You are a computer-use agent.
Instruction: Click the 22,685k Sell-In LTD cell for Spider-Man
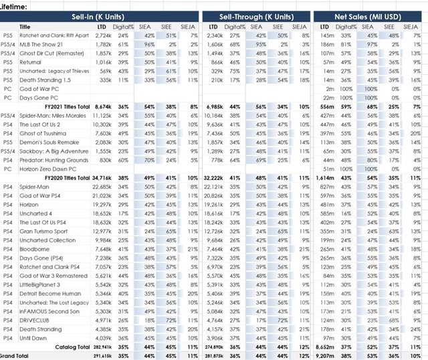[101, 187]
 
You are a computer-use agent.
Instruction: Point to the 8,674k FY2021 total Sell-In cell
[102, 106]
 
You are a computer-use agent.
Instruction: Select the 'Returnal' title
[31, 61]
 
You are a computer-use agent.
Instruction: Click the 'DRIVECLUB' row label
[33, 321]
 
